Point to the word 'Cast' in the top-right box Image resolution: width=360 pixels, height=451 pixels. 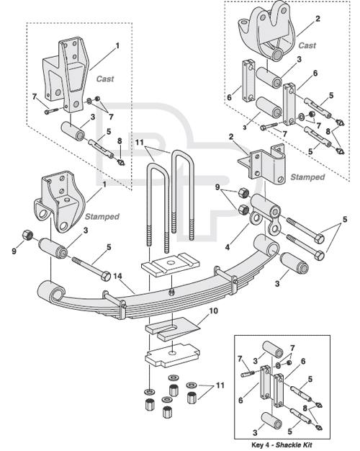point(307,45)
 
